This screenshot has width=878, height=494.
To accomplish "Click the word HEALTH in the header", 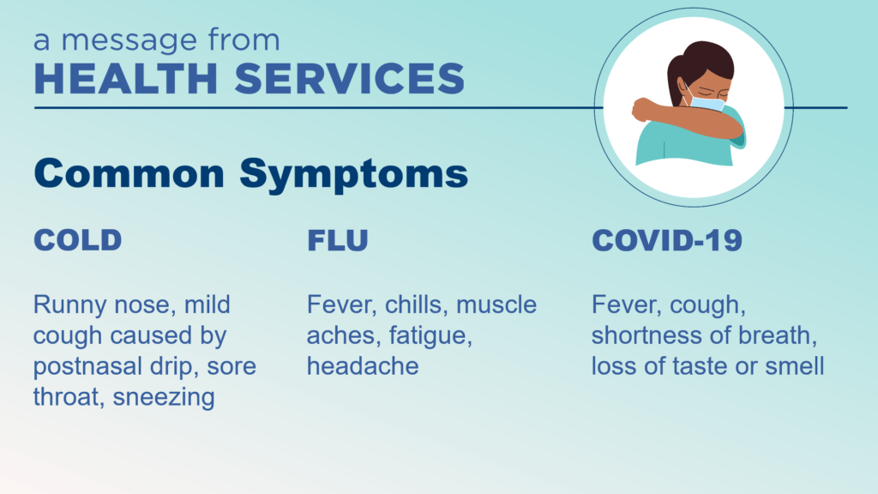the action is pos(126,78).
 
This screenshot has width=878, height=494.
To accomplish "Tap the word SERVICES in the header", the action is pos(350,78).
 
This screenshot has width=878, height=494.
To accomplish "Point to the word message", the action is pos(129,41).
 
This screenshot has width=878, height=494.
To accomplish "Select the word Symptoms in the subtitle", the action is pos(354,175).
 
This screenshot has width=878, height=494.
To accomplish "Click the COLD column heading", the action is pos(78,240).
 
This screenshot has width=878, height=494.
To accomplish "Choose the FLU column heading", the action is pos(338,241).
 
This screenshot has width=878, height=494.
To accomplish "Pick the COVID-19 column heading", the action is pos(667,240).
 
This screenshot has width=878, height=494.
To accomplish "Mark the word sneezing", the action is pos(164,398).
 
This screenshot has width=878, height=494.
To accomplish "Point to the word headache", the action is pos(363,366).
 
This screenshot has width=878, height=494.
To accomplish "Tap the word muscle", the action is pos(496,304).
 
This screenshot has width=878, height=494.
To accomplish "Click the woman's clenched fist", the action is pos(643,109).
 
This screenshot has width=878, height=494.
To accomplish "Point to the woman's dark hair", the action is pos(698,64).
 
